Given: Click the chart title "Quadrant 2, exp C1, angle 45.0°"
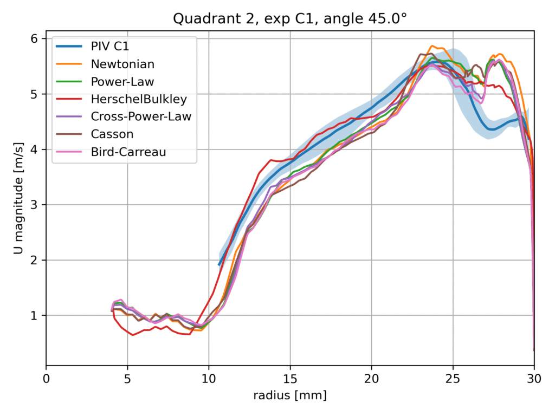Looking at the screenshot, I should (x=290, y=19).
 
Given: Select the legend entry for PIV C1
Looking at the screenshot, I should (x=113, y=45).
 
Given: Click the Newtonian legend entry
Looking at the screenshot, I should (x=122, y=64).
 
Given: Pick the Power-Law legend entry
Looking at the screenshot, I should (x=122, y=82).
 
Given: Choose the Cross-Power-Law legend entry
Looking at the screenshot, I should (x=141, y=116).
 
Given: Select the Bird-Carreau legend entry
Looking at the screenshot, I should (x=128, y=152).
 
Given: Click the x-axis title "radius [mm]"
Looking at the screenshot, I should (x=290, y=396).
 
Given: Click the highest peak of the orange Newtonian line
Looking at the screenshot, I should (x=432, y=46).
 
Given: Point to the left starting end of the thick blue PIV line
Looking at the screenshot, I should (x=219, y=265).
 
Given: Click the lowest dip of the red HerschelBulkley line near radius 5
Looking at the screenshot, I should (x=133, y=335).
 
